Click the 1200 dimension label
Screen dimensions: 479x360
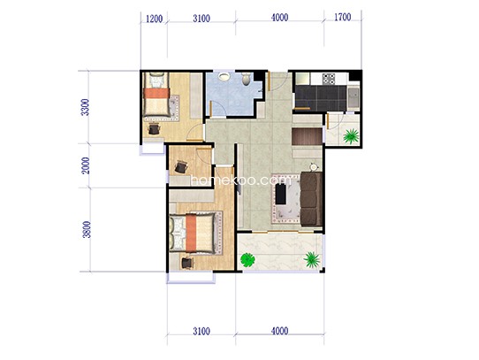(x=154, y=19)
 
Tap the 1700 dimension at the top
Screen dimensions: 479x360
(x=342, y=17)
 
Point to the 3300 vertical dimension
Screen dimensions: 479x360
(x=86, y=107)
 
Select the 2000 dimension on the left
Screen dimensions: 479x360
(x=86, y=165)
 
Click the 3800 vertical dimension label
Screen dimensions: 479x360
(x=87, y=229)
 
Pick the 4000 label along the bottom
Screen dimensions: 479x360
(x=279, y=331)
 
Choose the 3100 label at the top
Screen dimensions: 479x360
(x=201, y=19)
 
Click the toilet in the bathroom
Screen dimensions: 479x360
(x=246, y=79)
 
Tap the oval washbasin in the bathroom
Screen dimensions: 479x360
(x=224, y=76)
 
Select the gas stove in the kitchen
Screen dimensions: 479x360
(x=329, y=79)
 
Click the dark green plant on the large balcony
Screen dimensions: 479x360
(x=247, y=260)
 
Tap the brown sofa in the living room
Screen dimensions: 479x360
(x=311, y=199)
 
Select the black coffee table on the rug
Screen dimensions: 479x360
(x=281, y=195)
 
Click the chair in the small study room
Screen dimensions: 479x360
(x=181, y=167)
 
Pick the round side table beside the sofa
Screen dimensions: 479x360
(x=314, y=167)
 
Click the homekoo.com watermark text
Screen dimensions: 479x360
(x=241, y=180)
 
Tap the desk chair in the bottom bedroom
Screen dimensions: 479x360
(x=187, y=263)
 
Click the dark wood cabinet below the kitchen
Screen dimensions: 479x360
(x=307, y=136)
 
